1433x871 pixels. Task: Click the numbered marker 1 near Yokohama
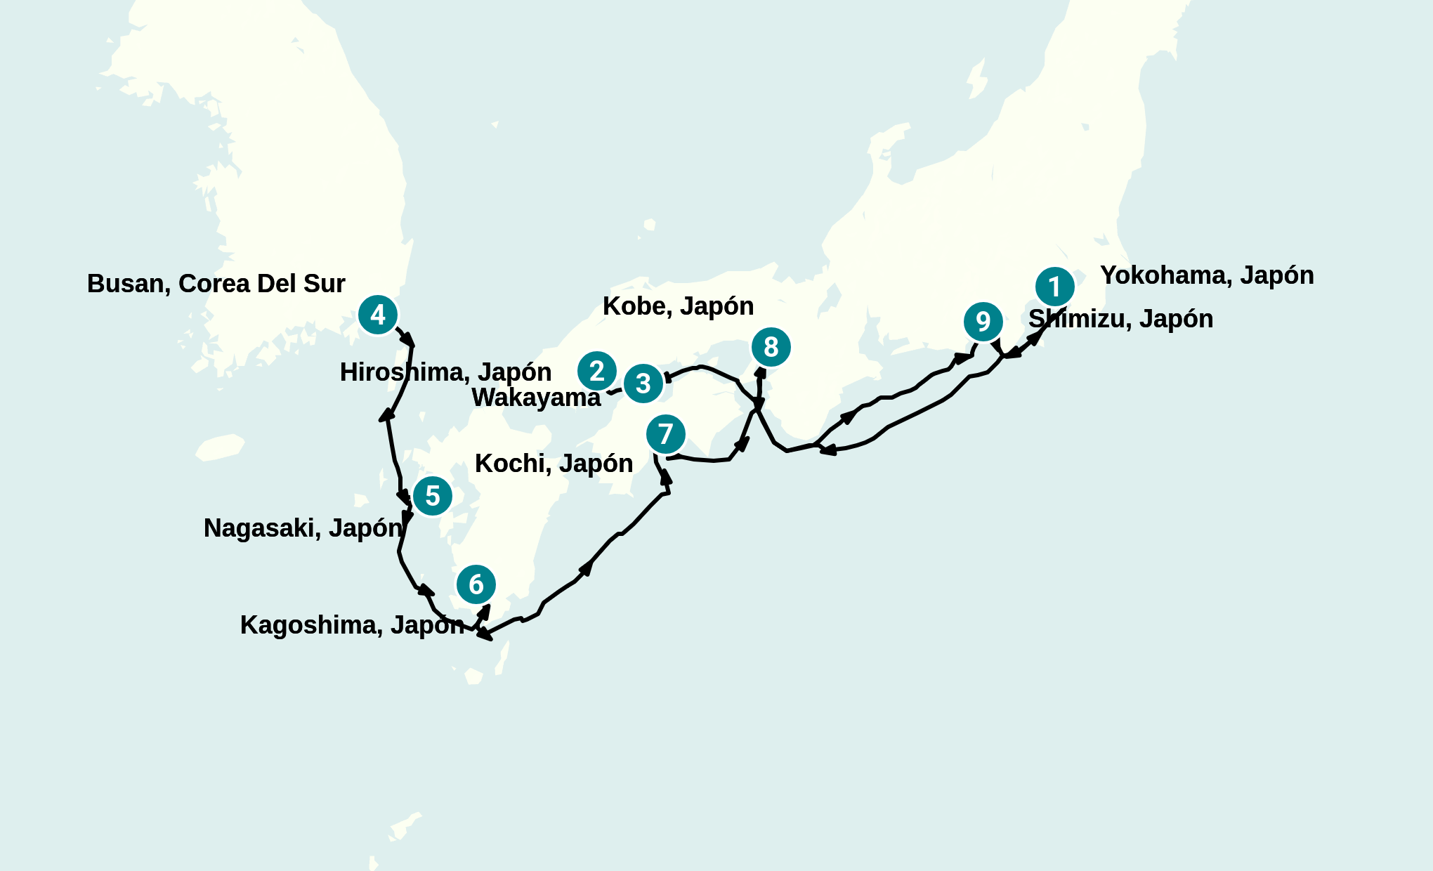pos(1054,287)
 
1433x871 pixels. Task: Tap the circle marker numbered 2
pos(597,371)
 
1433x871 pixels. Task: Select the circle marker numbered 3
pos(643,384)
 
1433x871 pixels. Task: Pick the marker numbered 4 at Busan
pos(378,315)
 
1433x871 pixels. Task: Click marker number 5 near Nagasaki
pos(432,496)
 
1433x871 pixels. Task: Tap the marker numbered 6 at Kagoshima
pos(476,584)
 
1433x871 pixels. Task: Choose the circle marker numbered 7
pos(666,434)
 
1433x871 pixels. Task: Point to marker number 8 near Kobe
pos(771,347)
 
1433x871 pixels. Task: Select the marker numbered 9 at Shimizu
pos(983,322)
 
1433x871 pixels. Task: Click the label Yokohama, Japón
pos(1207,275)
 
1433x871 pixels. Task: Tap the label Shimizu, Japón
pos(1120,319)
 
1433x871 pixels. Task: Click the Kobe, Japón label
pos(678,306)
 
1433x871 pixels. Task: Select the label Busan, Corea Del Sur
pos(216,284)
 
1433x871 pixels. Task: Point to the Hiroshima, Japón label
pos(445,372)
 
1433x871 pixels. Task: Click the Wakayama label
pos(536,398)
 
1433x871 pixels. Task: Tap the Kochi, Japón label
pos(554,464)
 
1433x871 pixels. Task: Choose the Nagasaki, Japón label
pos(303,528)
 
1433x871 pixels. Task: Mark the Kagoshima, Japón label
pos(352,625)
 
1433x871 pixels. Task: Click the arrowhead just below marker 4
pos(407,340)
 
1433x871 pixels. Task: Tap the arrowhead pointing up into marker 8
pos(760,372)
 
